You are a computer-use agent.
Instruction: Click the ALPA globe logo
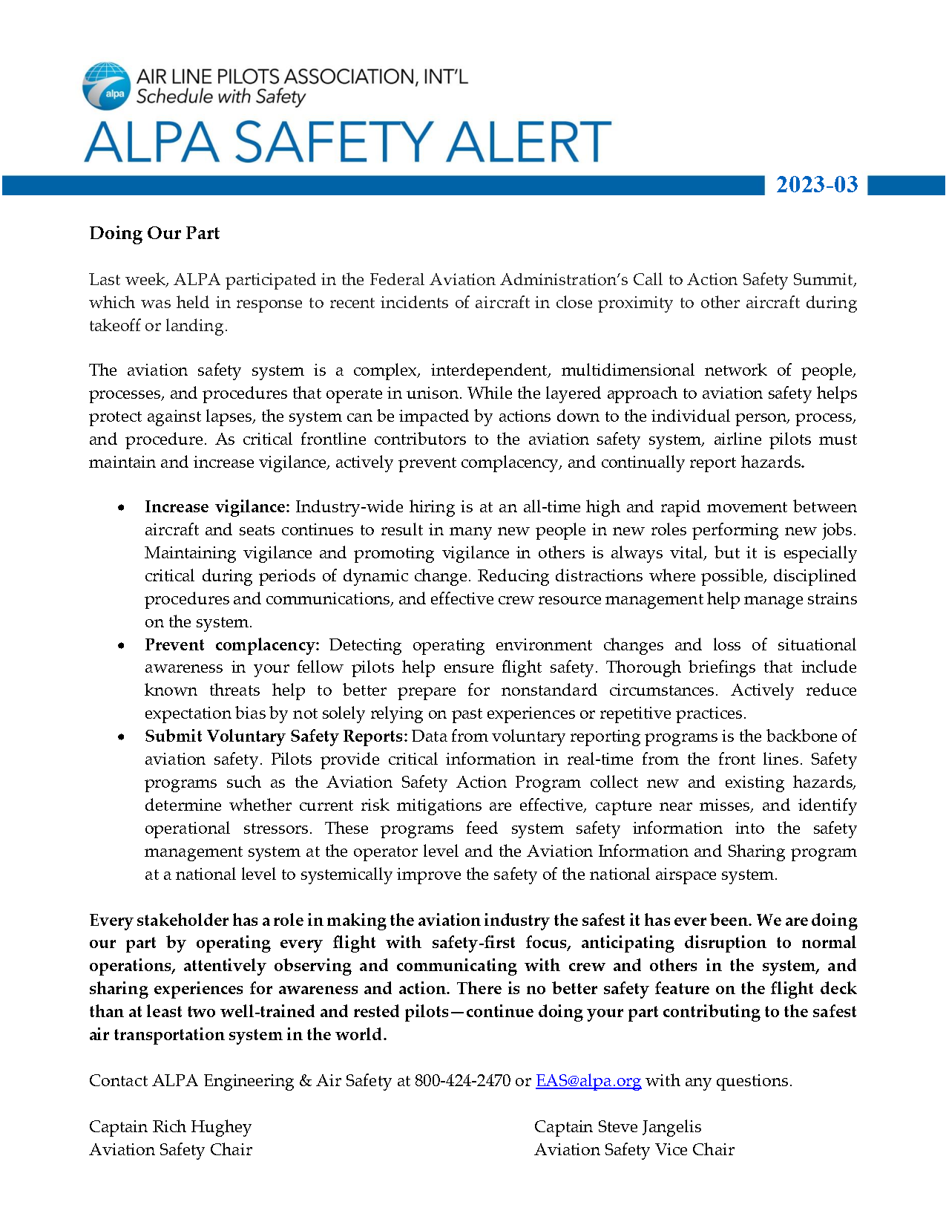click(x=107, y=86)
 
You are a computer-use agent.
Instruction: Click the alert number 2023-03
click(x=817, y=185)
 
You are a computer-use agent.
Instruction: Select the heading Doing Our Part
click(x=154, y=233)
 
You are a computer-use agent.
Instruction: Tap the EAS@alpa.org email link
click(x=588, y=1081)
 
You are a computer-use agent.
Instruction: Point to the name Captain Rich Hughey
click(x=170, y=1127)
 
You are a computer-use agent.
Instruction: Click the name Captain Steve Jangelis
click(x=617, y=1127)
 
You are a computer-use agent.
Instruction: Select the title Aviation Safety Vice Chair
click(x=634, y=1150)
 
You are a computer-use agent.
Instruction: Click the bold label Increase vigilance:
click(x=217, y=507)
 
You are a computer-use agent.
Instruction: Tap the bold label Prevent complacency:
click(x=231, y=645)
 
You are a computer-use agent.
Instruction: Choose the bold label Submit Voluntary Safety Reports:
click(x=276, y=736)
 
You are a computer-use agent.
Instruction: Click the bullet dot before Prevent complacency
click(x=121, y=646)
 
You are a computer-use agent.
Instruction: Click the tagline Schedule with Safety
click(x=220, y=97)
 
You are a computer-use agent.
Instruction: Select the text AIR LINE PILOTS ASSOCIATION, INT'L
click(x=301, y=76)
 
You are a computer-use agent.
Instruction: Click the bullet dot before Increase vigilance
click(x=121, y=508)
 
